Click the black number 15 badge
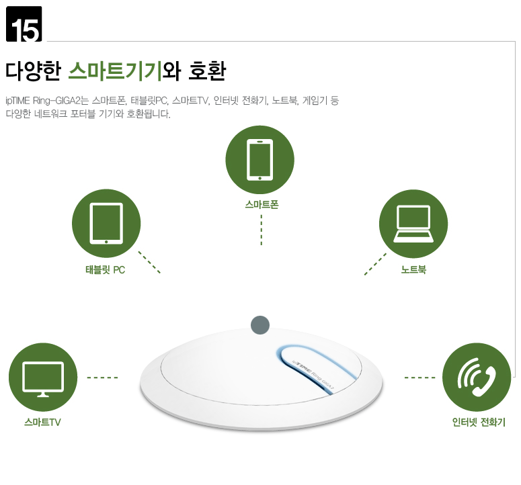[x=24, y=24]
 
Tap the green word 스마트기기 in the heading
[x=115, y=71]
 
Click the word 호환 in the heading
[x=207, y=71]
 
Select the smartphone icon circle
[x=260, y=160]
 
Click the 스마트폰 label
[x=262, y=204]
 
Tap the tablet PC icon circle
[x=106, y=224]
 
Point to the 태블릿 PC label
[x=106, y=270]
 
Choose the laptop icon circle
[x=413, y=224]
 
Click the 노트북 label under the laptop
[x=413, y=269]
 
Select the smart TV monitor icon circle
[x=43, y=377]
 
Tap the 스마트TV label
[x=42, y=423]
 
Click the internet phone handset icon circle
[x=477, y=377]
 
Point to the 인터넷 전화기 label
[x=479, y=423]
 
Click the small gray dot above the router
[x=260, y=325]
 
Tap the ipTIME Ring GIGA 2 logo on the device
[x=313, y=374]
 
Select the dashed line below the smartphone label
[x=262, y=230]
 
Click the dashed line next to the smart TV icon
[x=102, y=378]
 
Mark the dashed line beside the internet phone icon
[x=419, y=378]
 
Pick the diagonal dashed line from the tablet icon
[x=149, y=262]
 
